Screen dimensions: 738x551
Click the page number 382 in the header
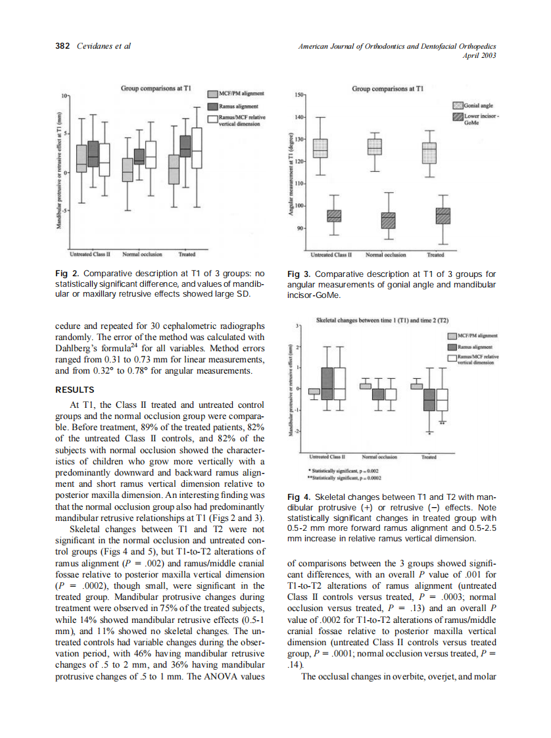[63, 45]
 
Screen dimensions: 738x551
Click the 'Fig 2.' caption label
[66, 274]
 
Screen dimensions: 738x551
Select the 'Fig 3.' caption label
[299, 274]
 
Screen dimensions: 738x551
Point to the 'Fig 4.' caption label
[299, 497]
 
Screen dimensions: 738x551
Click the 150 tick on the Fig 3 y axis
[299, 95]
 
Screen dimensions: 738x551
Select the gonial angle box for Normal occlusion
[374, 147]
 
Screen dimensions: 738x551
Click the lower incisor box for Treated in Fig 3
[444, 216]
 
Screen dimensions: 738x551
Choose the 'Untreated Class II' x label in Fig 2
[89, 253]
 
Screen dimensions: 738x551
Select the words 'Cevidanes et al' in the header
[104, 45]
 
